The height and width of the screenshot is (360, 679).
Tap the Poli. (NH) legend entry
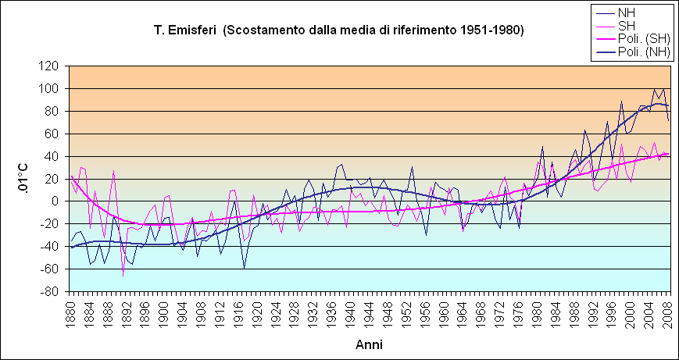[638, 52]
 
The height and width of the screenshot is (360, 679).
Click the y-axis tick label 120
[52, 66]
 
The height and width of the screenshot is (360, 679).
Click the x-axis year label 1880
[70, 311]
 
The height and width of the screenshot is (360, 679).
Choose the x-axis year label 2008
[668, 311]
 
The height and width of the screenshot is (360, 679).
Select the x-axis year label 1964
[463, 311]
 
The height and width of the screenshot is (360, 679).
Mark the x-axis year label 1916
[238, 311]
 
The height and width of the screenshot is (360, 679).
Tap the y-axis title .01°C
[24, 179]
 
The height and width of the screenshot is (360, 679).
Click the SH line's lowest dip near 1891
[123, 276]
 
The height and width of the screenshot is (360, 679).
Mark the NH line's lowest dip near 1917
[244, 268]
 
